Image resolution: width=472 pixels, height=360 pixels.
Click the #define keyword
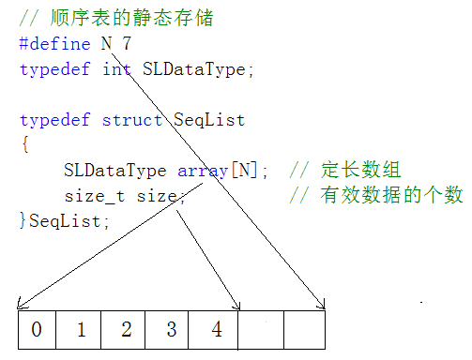point(55,43)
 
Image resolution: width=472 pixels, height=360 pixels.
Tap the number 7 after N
point(127,43)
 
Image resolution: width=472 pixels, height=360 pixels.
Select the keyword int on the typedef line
point(118,68)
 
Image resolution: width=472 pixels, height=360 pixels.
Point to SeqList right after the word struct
point(209,120)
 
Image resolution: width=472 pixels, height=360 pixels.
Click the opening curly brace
point(23,145)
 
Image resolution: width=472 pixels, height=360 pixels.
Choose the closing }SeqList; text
point(64,220)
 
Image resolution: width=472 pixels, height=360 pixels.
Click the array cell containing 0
point(36,329)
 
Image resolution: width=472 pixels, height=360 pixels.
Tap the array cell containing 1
point(81,329)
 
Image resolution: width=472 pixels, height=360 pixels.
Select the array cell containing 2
point(127,329)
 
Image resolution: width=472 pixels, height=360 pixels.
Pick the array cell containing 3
point(171,329)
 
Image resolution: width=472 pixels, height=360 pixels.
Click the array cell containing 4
point(217,329)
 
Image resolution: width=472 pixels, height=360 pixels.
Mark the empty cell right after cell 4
point(261,329)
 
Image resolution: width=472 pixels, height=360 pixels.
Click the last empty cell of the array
point(304,329)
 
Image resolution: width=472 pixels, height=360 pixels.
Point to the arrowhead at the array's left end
point(20,305)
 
